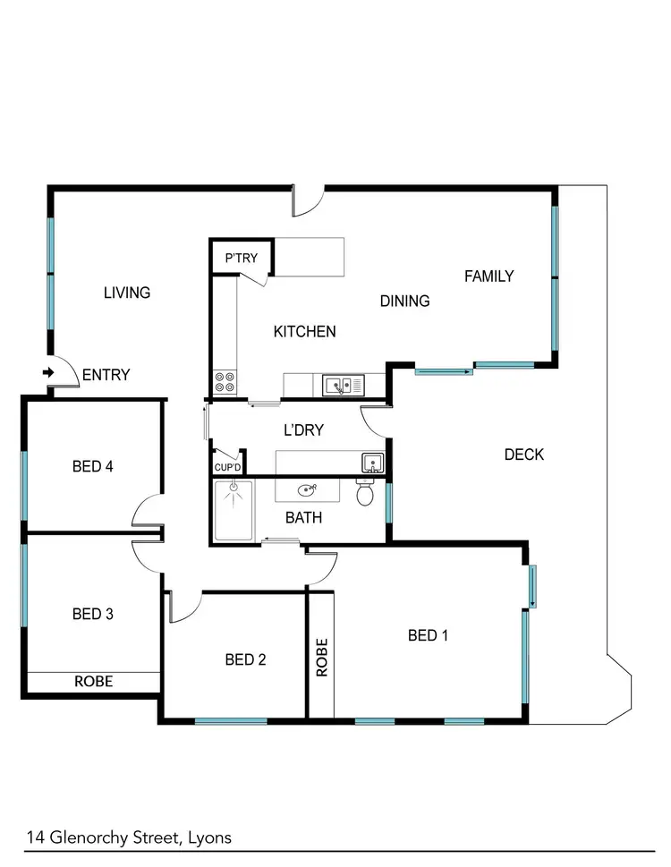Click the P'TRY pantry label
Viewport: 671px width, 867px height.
point(241,259)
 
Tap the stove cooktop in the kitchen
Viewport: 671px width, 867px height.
point(225,383)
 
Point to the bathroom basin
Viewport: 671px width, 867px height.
point(309,489)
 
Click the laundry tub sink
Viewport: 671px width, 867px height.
point(373,463)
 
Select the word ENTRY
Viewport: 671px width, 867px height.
point(106,375)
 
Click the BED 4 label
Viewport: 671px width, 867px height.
point(92,465)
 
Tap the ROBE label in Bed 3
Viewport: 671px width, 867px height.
point(93,681)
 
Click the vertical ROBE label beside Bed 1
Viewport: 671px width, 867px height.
point(322,657)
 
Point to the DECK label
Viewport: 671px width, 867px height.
point(523,455)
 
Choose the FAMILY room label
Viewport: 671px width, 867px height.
point(488,276)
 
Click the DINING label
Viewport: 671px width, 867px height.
point(404,301)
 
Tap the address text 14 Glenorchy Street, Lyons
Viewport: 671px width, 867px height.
point(129,837)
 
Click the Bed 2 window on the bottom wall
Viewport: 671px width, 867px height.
point(231,720)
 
